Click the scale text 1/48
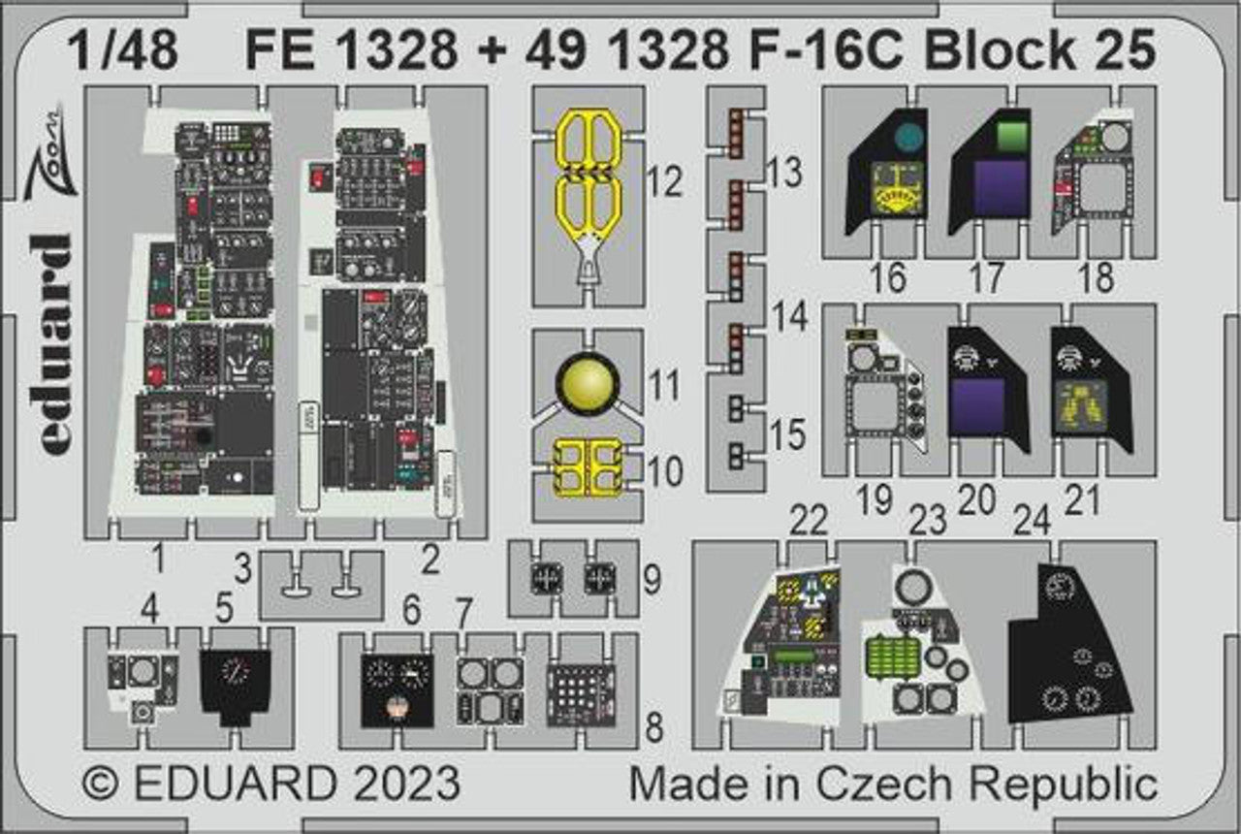pos(123,50)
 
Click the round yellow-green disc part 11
pos(589,380)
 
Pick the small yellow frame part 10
pos(588,466)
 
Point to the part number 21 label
pos(1082,501)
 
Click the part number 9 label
pos(652,580)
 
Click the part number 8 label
pos(654,727)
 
